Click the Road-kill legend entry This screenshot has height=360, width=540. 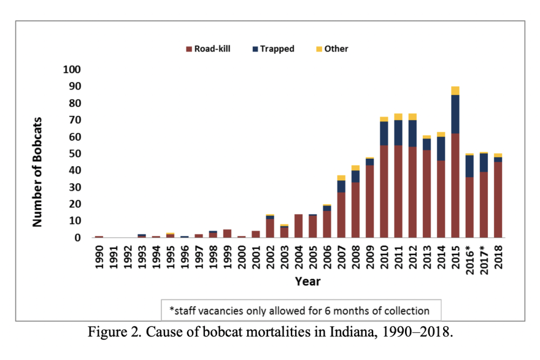(x=208, y=48)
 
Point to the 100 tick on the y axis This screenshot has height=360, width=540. (x=72, y=70)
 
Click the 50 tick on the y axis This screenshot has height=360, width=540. (x=74, y=153)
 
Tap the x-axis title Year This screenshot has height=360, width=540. (x=307, y=281)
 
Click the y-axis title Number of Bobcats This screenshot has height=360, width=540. (x=38, y=172)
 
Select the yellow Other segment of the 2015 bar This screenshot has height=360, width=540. (x=455, y=91)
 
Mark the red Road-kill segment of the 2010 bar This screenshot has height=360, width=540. (x=384, y=191)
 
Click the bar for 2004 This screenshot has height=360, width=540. (x=298, y=226)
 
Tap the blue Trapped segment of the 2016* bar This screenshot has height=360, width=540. (x=469, y=166)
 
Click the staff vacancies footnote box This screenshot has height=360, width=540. (x=300, y=310)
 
